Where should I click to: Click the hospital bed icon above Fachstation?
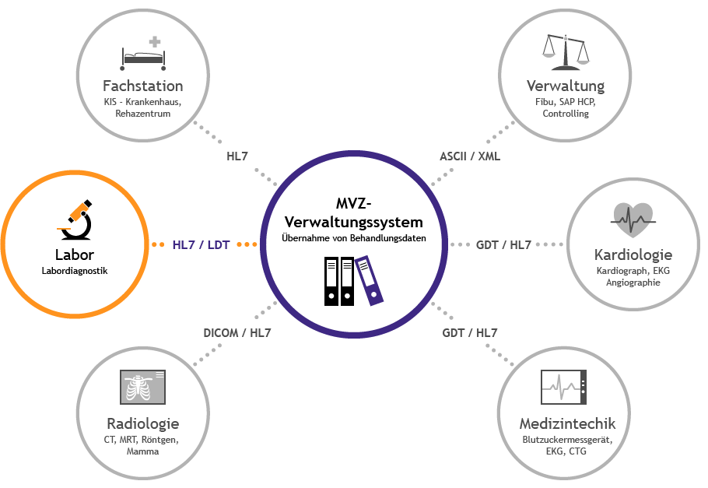(143, 53)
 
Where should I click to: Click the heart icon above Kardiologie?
(633, 220)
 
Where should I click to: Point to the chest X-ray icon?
(143, 388)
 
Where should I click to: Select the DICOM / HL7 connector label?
(237, 333)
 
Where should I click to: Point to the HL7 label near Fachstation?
(237, 156)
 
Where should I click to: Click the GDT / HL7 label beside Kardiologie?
(503, 244)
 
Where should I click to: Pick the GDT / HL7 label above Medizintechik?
(470, 333)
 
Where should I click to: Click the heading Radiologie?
(143, 423)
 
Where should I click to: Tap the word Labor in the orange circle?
(74, 255)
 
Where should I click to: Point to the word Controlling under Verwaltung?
(566, 114)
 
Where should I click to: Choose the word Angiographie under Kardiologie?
(633, 283)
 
